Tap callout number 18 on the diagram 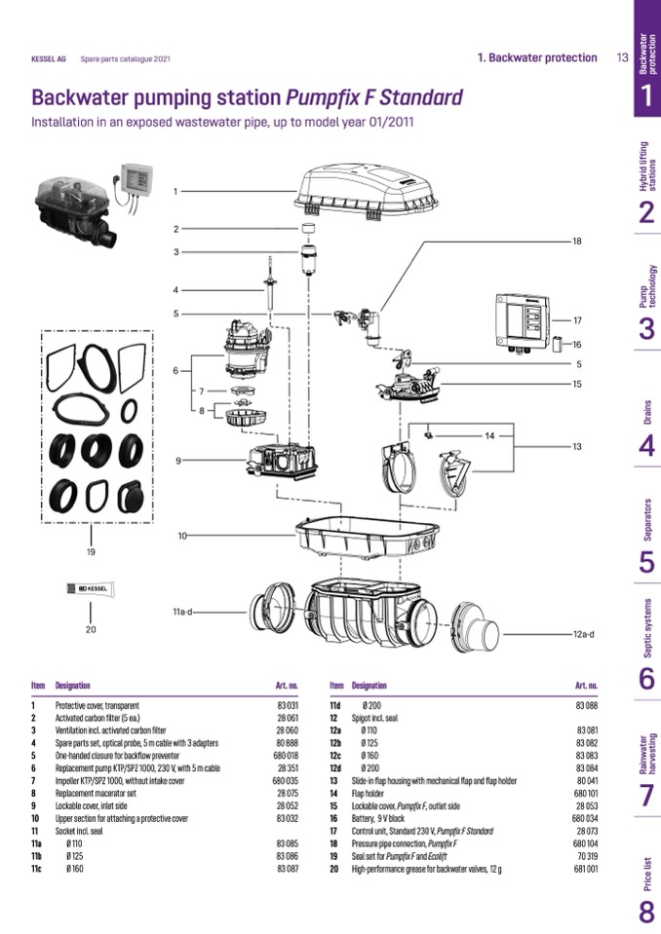[x=576, y=241]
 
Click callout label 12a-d [x=582, y=634]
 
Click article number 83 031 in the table [x=287, y=704]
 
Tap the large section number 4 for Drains [x=646, y=446]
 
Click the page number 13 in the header [x=622, y=57]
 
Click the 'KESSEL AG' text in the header [x=49, y=58]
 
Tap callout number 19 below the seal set [x=91, y=552]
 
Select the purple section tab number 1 [x=646, y=94]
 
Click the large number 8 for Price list [x=646, y=912]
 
